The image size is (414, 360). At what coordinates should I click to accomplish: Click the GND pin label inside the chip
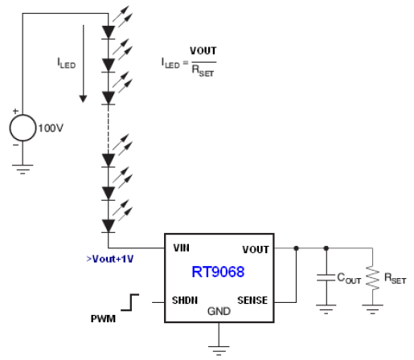pyautogui.click(x=219, y=310)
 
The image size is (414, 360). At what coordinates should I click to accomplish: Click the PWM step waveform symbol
pyautogui.click(x=129, y=304)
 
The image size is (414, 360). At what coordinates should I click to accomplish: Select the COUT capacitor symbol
pyautogui.click(x=326, y=278)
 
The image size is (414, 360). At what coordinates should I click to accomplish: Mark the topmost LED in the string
pyautogui.click(x=109, y=33)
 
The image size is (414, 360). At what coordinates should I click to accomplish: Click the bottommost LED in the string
pyautogui.click(x=109, y=226)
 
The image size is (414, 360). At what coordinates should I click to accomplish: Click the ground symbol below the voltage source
pyautogui.click(x=22, y=170)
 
